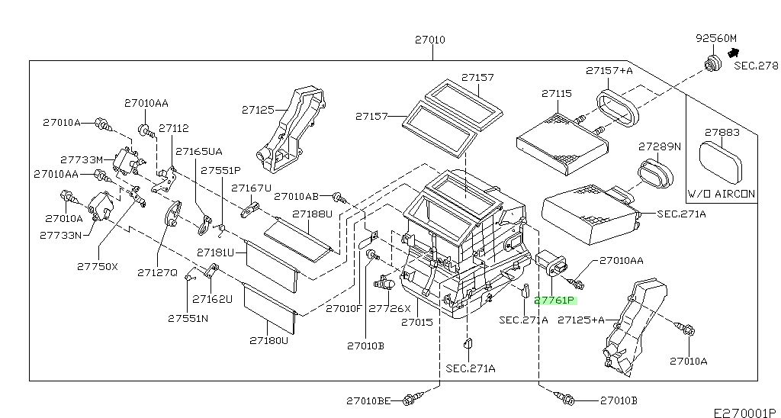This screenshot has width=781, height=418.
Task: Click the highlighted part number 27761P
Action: (555, 301)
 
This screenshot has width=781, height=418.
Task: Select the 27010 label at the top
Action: (430, 40)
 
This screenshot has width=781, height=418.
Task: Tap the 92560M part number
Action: (715, 38)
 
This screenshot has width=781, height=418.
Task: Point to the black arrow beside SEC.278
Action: (733, 53)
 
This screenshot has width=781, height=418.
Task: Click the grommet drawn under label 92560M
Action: (714, 64)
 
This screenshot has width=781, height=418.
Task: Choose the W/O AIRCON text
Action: (722, 194)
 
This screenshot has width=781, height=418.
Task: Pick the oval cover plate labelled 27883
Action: (720, 162)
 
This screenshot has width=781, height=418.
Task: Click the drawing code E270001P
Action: (744, 413)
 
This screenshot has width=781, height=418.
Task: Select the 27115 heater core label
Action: (556, 94)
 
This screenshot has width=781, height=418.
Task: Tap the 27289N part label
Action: (660, 146)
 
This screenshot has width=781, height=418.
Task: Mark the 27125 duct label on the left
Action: (258, 110)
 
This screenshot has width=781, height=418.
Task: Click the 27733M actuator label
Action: (82, 160)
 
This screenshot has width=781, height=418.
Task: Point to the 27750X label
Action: (98, 266)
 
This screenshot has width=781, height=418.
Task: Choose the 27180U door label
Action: (269, 341)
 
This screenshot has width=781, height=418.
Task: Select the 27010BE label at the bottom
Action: (368, 400)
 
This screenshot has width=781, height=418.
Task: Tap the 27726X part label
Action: (390, 308)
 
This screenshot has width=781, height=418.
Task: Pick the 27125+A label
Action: (580, 320)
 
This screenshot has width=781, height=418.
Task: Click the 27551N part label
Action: (188, 318)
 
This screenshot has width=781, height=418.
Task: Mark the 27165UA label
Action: (199, 152)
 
